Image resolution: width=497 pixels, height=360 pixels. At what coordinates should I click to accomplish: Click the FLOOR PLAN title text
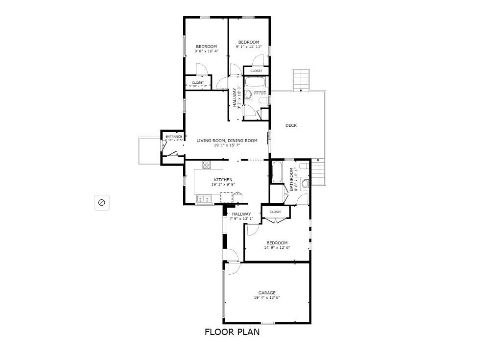point(232,332)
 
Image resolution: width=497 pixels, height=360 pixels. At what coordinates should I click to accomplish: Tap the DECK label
point(291,125)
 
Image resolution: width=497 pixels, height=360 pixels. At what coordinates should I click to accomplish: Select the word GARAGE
point(267,293)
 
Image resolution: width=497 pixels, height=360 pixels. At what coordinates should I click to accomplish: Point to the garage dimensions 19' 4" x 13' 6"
point(267,298)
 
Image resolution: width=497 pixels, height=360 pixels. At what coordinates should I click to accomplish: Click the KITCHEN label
point(223,180)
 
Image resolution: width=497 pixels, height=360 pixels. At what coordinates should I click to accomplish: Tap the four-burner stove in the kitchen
point(206,165)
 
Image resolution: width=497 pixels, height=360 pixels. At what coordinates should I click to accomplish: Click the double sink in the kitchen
point(204,199)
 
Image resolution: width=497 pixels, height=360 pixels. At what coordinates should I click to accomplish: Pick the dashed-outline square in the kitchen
point(226,197)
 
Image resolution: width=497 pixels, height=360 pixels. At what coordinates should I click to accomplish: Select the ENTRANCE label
point(173,137)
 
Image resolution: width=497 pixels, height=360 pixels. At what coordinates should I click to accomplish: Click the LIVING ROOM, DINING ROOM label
point(227,141)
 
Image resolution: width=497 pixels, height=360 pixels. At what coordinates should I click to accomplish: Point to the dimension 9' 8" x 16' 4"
point(206,51)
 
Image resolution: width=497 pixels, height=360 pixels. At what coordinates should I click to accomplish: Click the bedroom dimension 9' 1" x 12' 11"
point(249,47)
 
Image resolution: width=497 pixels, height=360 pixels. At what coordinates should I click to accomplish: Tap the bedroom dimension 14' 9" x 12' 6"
point(277,248)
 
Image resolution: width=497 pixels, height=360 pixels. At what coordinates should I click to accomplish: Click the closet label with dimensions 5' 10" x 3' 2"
point(198,83)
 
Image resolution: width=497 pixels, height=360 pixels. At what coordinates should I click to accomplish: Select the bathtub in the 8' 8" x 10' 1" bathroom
point(276,171)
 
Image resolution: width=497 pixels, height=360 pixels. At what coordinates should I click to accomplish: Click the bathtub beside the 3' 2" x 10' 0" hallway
point(256,82)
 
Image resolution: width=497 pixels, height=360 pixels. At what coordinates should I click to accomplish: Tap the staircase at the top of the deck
point(302,80)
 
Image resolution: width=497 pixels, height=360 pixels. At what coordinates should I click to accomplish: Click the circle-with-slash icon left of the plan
point(102,202)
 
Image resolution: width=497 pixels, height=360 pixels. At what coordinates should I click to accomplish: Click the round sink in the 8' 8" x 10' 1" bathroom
point(306,184)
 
